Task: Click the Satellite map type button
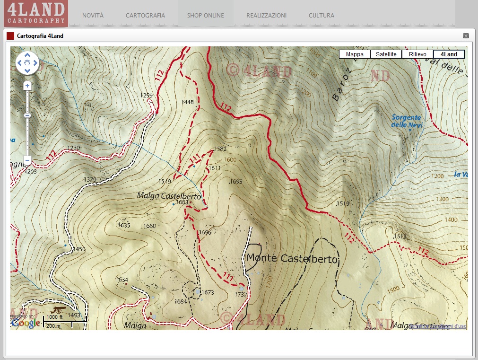[386, 54]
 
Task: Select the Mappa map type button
[355, 54]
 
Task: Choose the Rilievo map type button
[417, 54]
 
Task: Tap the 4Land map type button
[449, 54]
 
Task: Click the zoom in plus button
[27, 86]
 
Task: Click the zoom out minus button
[27, 160]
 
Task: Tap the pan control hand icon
[27, 63]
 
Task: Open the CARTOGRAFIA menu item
[145, 16]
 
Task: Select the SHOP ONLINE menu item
[205, 16]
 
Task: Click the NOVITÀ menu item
[93, 16]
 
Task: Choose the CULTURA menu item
[321, 16]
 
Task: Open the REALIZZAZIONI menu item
[266, 16]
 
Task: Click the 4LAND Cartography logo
[35, 13]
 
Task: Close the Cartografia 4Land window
[466, 36]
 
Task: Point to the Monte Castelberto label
[293, 258]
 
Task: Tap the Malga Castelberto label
[169, 196]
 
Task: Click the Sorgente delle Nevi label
[407, 121]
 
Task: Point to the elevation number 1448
[188, 102]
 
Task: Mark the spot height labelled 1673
[207, 293]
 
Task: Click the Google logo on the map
[26, 323]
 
